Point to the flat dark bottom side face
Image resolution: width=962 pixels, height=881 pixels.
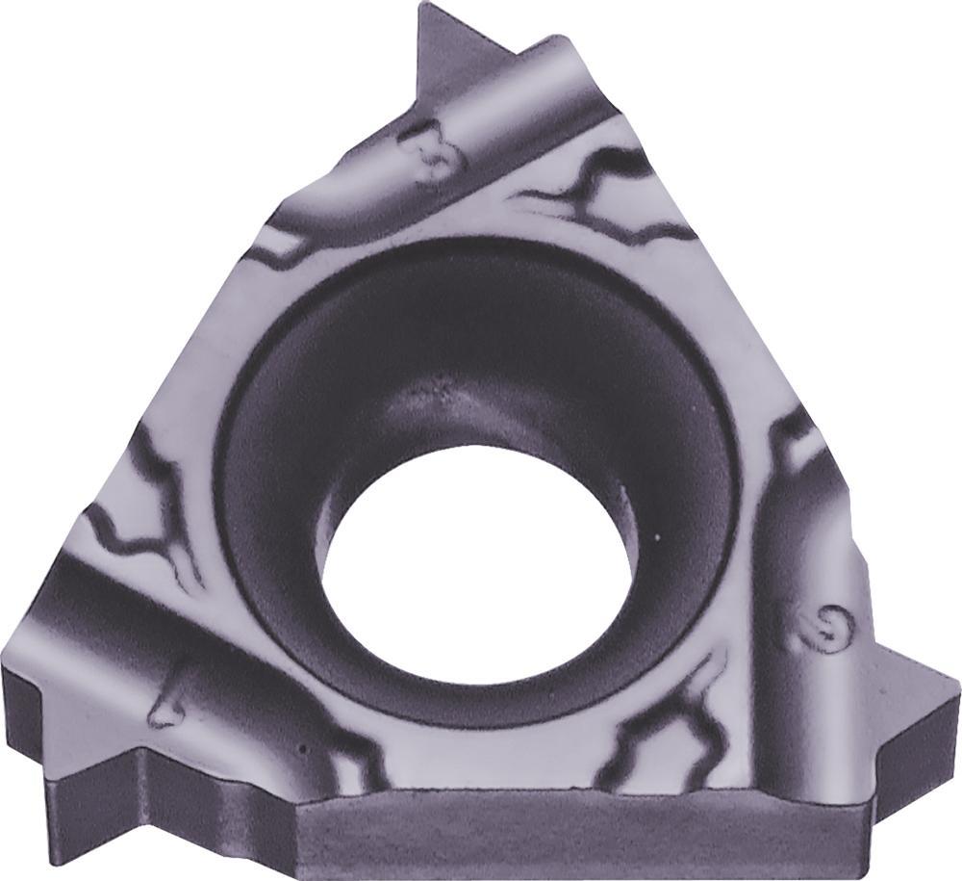pos(577,838)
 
